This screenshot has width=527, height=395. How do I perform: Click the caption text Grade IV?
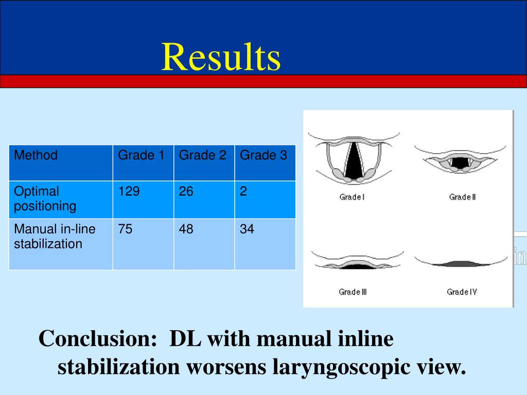tap(462, 292)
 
